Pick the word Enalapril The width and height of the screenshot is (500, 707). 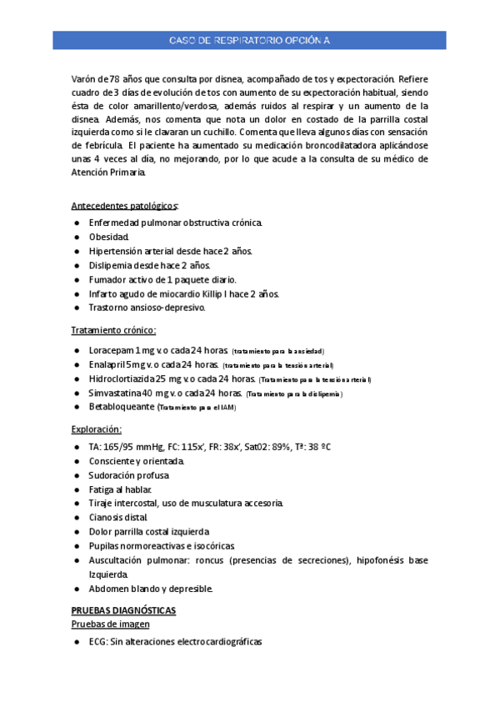point(109,364)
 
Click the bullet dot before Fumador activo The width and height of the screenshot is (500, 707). point(77,280)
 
